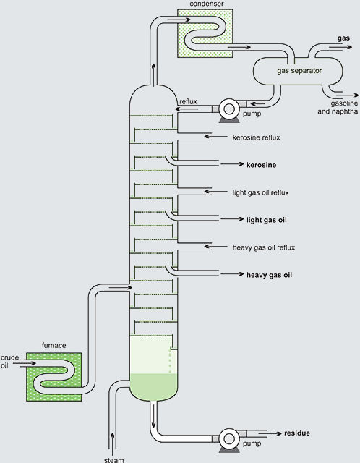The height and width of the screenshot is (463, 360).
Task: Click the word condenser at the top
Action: tap(207, 4)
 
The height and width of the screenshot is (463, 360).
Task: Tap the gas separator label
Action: tap(299, 71)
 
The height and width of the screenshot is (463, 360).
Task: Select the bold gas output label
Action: tap(343, 38)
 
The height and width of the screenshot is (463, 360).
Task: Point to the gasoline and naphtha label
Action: tap(338, 107)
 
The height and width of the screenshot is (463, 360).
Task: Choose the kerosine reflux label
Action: tap(256, 137)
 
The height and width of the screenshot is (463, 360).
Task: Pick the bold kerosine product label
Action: tap(262, 165)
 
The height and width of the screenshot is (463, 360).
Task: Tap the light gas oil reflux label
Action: tap(260, 192)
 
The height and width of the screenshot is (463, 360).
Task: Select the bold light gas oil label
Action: tap(267, 220)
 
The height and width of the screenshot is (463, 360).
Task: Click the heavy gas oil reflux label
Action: tap(264, 247)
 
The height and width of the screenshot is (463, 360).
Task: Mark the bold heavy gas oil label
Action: tap(269, 275)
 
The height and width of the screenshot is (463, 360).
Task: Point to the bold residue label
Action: tap(297, 433)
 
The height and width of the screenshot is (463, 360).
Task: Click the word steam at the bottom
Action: tap(114, 460)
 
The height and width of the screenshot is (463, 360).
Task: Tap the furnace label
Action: tap(53, 346)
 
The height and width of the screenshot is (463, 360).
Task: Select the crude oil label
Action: tap(9, 362)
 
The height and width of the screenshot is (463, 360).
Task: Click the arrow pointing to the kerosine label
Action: tap(232, 164)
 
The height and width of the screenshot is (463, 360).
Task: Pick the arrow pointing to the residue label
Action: tap(270, 433)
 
